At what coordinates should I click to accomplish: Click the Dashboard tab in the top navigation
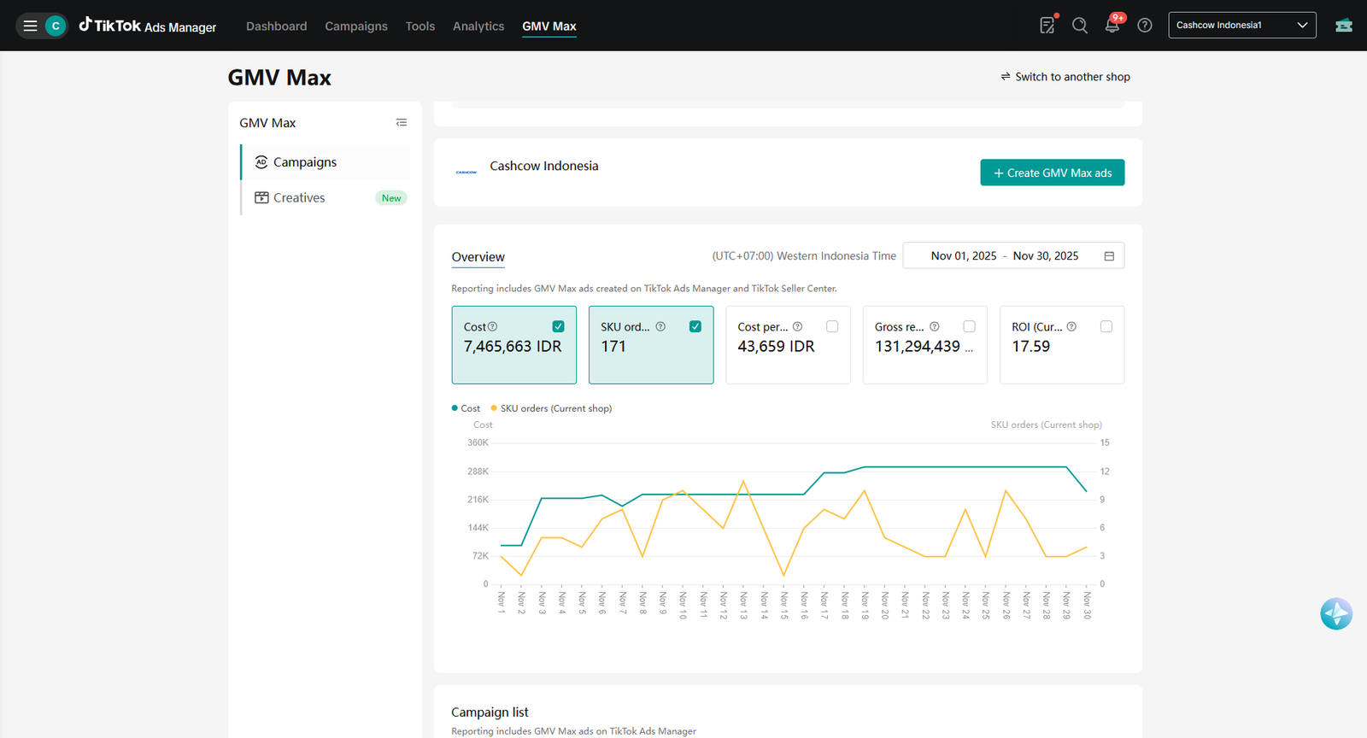point(277,26)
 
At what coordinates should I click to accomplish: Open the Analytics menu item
point(478,26)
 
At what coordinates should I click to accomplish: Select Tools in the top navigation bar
point(419,26)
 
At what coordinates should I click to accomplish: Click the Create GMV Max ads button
point(1052,173)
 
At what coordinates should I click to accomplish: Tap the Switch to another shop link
point(1065,77)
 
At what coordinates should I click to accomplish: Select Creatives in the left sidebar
point(299,197)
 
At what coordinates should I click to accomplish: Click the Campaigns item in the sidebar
point(304,162)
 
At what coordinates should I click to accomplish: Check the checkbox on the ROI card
point(1106,326)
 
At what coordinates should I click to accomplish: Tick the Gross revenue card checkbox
point(969,326)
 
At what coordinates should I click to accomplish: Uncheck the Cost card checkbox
point(558,326)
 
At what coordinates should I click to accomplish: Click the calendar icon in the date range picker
point(1110,256)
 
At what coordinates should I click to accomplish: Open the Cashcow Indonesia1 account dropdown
point(1242,25)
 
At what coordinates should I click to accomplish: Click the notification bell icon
point(1112,26)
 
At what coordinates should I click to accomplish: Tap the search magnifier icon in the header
point(1080,26)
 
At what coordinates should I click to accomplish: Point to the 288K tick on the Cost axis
point(478,471)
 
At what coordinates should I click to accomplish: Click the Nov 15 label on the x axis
point(784,605)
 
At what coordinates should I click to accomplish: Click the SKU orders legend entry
point(552,408)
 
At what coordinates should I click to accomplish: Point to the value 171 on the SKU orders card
point(613,347)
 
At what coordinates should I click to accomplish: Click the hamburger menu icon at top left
point(30,26)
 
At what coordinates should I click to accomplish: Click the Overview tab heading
point(478,257)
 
